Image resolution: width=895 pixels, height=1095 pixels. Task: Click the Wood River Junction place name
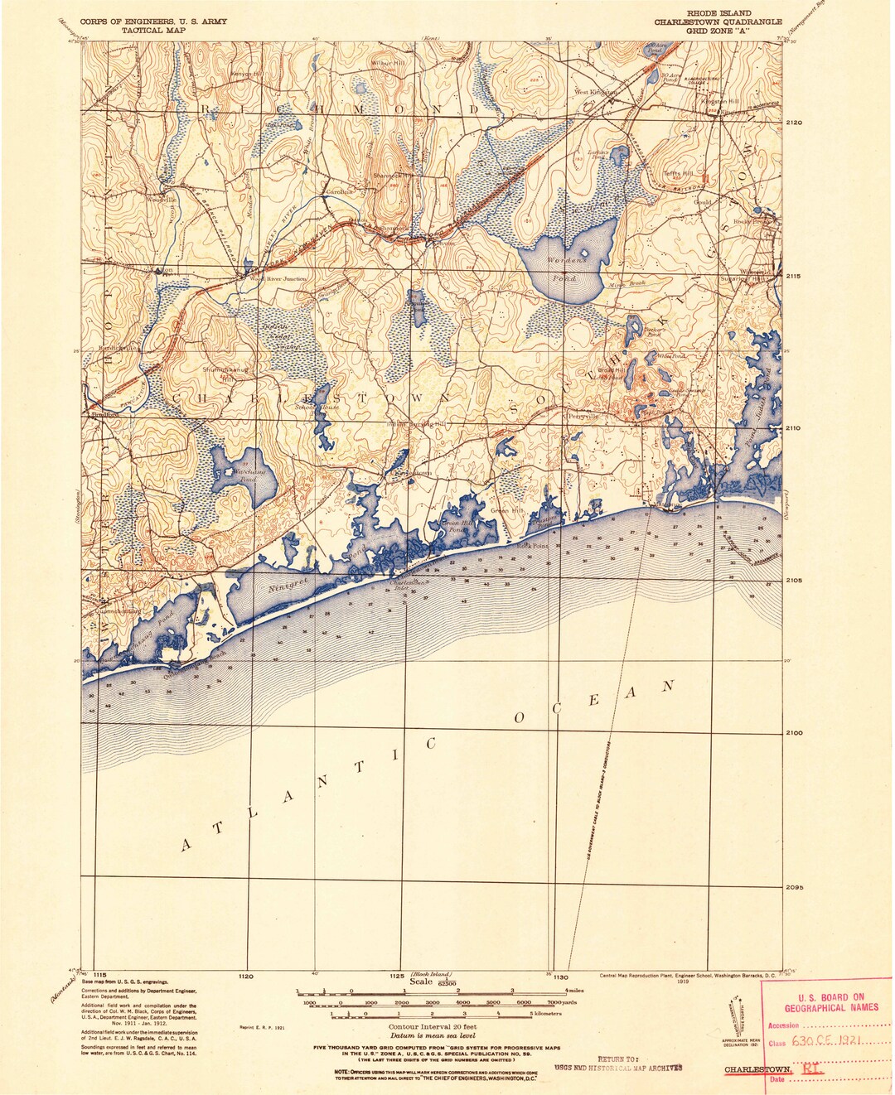click(x=278, y=279)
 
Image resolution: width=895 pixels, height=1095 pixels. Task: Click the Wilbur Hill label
click(x=389, y=63)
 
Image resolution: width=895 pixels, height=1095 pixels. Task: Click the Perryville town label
click(x=582, y=416)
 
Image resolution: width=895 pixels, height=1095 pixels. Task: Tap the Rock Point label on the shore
click(x=534, y=546)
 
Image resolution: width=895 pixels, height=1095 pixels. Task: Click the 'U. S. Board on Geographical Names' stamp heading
click(x=830, y=1002)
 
